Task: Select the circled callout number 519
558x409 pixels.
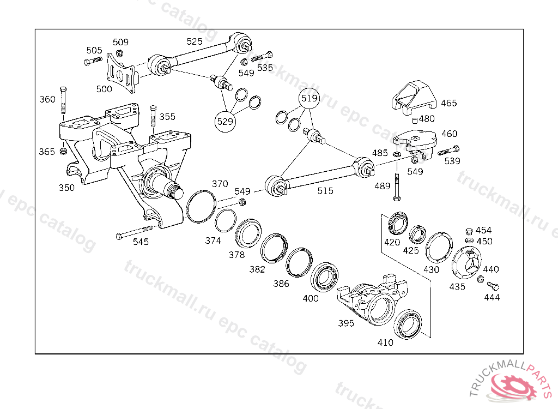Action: coord(309,99)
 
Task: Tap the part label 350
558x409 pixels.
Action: coord(67,188)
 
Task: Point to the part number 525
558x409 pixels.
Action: coord(195,41)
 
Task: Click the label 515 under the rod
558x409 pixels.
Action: coord(325,190)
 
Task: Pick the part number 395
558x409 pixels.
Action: coord(346,323)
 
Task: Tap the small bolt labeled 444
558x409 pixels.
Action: coord(493,285)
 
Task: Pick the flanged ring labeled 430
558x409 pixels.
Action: coord(439,248)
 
